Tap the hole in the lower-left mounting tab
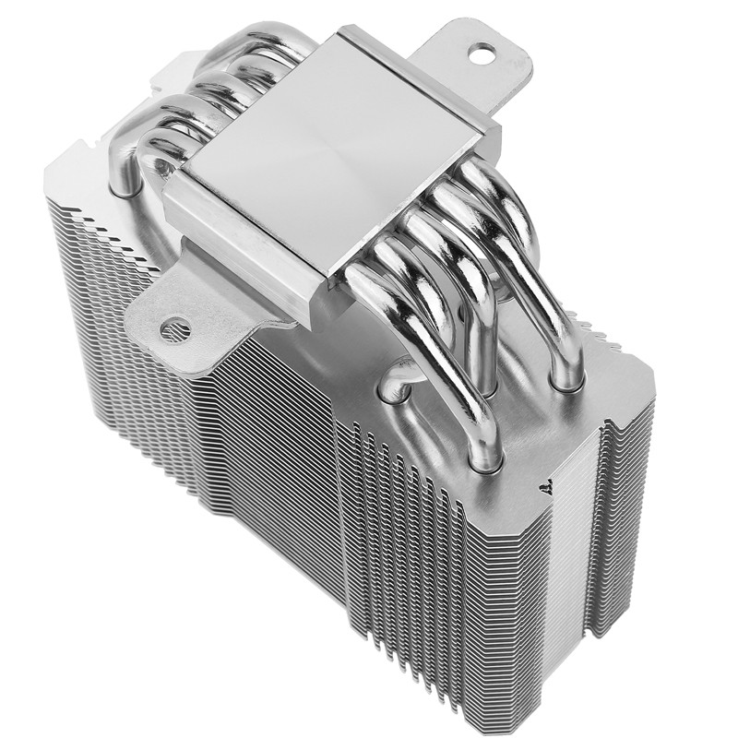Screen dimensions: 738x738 174,328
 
